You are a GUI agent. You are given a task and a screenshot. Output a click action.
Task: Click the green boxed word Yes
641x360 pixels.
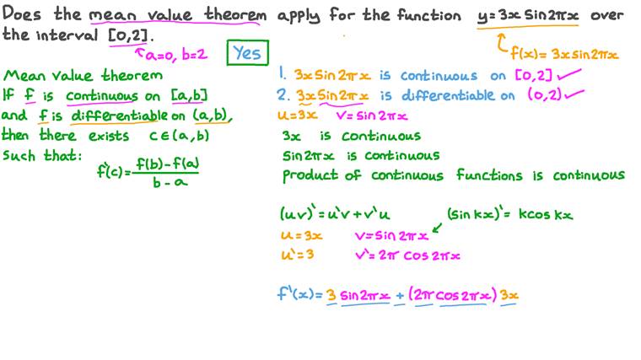pos(247,53)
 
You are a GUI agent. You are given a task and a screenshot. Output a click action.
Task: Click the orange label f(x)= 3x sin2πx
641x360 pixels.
pos(564,54)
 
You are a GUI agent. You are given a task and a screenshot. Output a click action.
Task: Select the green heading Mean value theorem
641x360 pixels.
pos(83,75)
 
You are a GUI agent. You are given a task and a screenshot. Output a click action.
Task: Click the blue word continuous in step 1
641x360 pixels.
pos(439,76)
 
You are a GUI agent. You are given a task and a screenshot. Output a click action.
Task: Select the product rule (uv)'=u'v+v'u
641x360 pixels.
pos(335,213)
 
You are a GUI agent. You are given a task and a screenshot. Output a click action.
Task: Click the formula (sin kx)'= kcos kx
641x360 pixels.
pos(509,214)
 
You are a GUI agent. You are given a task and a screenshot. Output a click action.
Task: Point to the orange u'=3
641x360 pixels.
pos(298,255)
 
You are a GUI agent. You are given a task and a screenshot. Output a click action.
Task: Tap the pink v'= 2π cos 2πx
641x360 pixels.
pos(407,255)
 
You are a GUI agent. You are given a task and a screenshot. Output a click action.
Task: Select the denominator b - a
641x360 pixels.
pos(170,182)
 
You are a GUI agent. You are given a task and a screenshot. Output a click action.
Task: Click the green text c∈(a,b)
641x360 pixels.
pos(179,136)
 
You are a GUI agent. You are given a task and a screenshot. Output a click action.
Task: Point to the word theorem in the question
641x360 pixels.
pos(235,14)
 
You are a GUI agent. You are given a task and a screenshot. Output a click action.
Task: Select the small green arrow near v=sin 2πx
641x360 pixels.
pos(437,228)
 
